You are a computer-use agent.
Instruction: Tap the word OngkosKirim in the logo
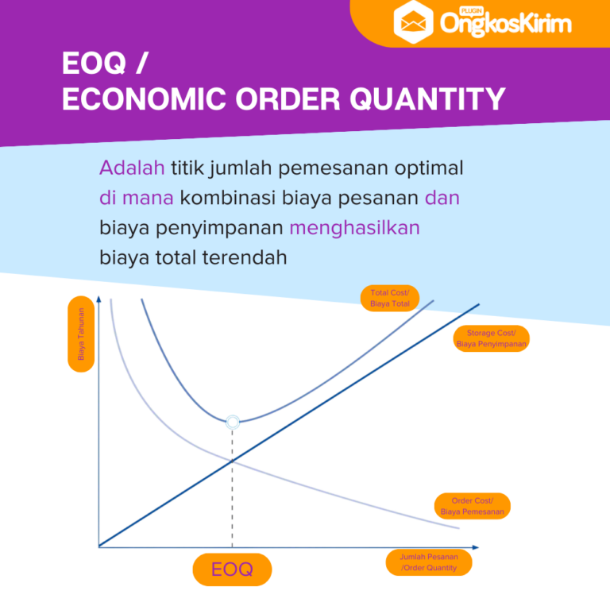(505, 24)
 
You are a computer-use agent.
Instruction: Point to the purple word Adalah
(132, 168)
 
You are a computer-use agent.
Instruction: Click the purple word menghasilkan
(354, 228)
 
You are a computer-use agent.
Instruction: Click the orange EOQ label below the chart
(232, 569)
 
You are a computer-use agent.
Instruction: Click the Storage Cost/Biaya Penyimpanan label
(492, 338)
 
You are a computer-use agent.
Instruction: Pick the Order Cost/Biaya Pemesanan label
(473, 507)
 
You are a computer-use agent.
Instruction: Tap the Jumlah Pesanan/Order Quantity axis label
(429, 562)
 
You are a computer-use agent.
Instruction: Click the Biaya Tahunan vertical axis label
(81, 334)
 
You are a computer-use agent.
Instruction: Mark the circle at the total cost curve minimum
(232, 422)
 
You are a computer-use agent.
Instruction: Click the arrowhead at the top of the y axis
(99, 300)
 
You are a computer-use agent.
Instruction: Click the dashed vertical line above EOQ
(232, 492)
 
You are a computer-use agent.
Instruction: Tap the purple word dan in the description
(442, 198)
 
